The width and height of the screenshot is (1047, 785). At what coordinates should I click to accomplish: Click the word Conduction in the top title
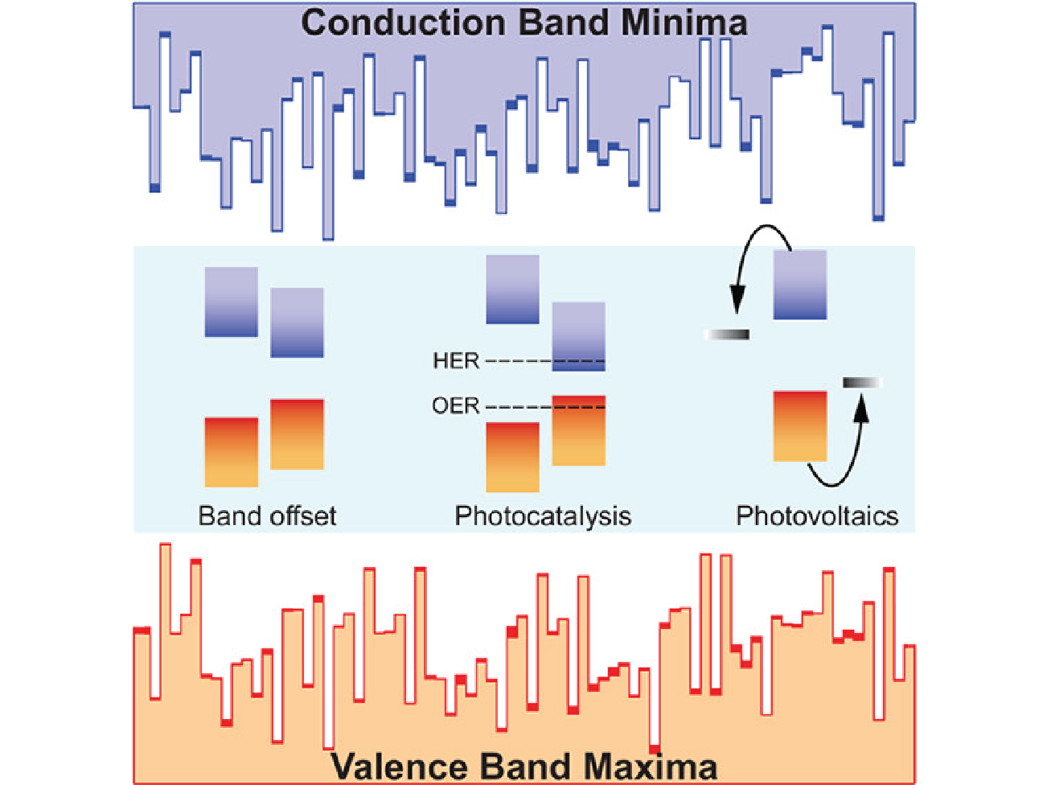(403, 23)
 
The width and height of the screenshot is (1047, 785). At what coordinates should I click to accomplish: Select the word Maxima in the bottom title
(651, 767)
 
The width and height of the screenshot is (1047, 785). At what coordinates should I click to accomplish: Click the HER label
(455, 360)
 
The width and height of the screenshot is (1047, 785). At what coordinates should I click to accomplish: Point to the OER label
(455, 406)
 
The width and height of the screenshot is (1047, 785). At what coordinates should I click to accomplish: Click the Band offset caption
(267, 516)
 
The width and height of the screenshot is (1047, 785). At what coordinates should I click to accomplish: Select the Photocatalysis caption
(543, 516)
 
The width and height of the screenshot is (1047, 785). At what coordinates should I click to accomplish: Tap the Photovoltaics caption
(817, 516)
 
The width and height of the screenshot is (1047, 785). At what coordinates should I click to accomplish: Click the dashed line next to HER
(545, 361)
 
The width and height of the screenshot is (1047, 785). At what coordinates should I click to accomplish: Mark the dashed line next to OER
(545, 407)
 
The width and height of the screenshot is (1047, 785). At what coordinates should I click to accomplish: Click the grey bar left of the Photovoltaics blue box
(727, 335)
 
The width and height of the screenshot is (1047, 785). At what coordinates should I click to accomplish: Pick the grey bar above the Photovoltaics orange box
(862, 382)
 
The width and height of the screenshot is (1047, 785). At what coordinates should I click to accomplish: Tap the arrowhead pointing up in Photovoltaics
(861, 409)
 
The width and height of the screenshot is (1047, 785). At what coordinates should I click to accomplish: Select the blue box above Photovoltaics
(800, 284)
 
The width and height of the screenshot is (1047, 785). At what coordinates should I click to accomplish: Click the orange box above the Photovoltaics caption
(800, 426)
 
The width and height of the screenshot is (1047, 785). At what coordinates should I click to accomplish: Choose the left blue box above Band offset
(232, 302)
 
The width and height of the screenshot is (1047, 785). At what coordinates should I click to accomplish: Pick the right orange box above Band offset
(298, 434)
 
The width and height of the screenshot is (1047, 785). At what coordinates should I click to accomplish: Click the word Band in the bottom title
(525, 767)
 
